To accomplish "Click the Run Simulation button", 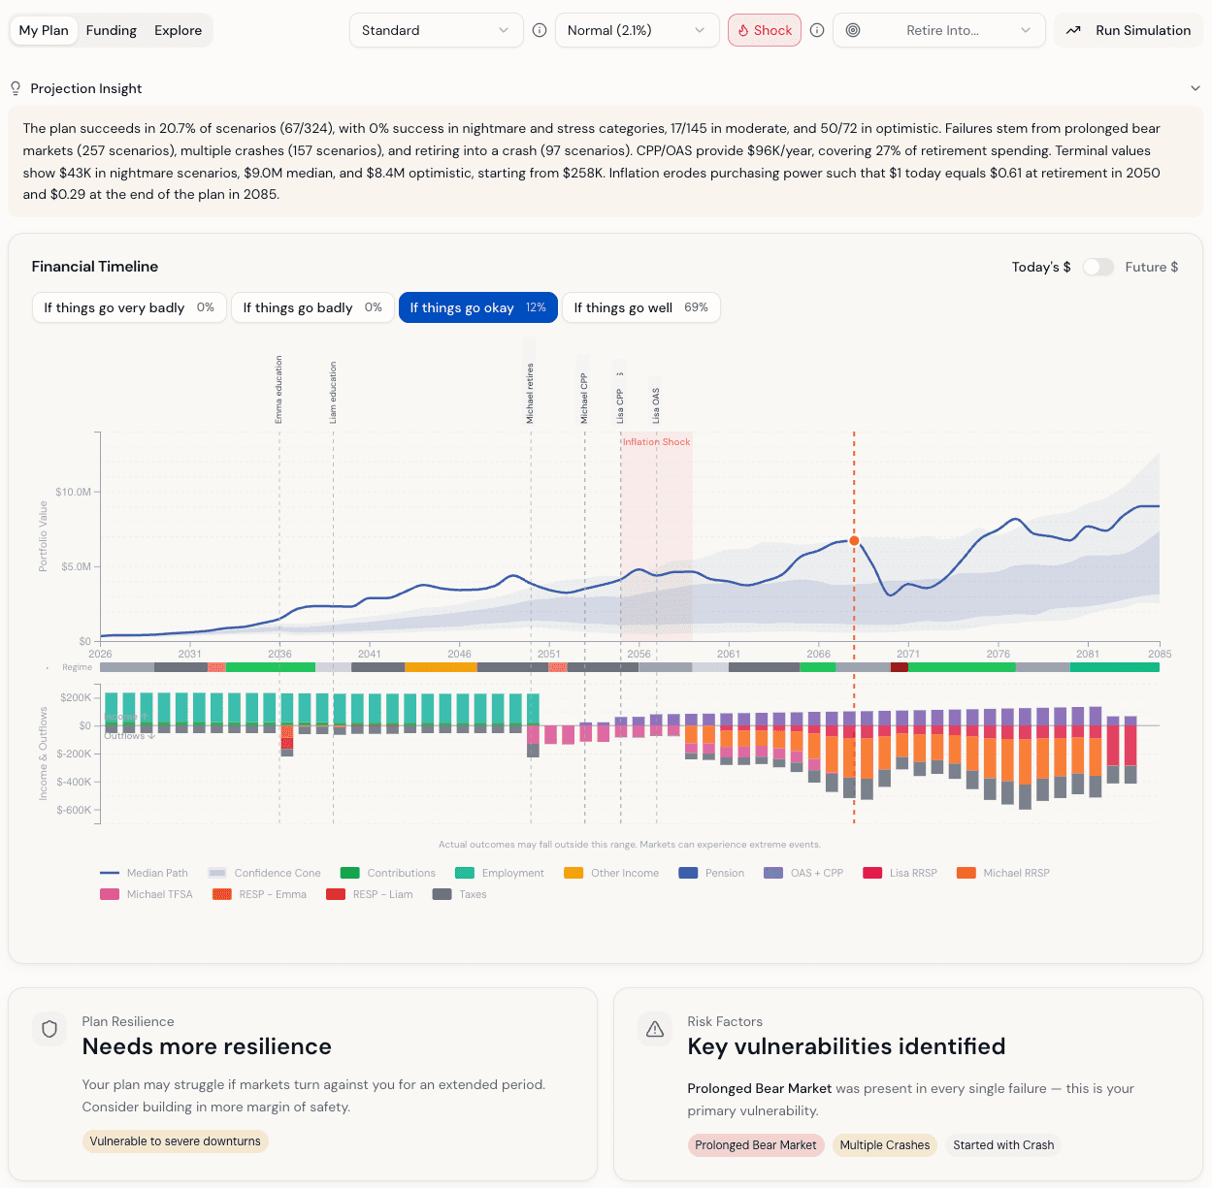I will pos(1129,30).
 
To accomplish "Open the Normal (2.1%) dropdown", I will pos(637,30).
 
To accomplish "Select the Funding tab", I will pos(112,30).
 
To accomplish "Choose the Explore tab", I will pos(178,30).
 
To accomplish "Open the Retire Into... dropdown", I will pos(938,30).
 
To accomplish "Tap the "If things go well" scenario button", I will pos(640,307).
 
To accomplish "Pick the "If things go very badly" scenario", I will pos(129,307).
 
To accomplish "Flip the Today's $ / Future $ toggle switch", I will pos(1097,267).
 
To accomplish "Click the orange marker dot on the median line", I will pos(854,540).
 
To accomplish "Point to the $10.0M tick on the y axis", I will pos(74,492).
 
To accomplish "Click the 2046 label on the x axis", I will pos(459,654).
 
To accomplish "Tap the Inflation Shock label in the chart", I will pos(657,442).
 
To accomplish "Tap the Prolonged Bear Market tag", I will pos(756,1145).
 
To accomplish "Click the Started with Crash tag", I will pos(1003,1145).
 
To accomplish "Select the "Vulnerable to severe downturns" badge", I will pos(176,1141).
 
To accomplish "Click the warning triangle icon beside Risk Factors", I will pos(655,1029).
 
